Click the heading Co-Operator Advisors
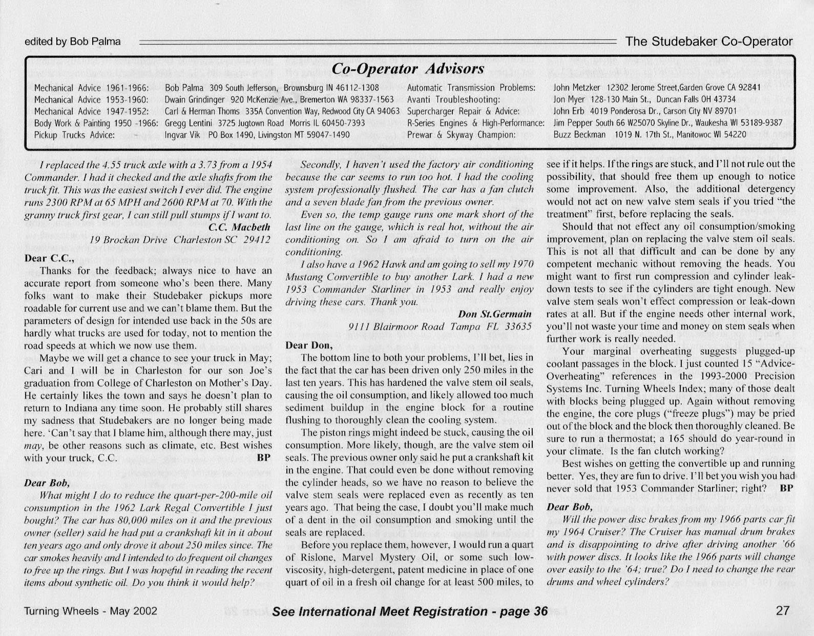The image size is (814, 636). click(x=408, y=69)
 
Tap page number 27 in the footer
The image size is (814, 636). click(x=783, y=611)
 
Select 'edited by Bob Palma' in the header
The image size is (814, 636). click(x=72, y=42)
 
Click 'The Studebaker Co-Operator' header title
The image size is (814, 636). click(x=709, y=42)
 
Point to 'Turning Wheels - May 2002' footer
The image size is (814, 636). click(x=90, y=611)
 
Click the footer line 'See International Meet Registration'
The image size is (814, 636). click(x=410, y=611)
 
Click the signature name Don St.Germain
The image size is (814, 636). click(x=495, y=314)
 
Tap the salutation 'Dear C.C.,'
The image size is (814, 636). click(x=50, y=258)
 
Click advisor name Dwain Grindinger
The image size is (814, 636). click(x=195, y=99)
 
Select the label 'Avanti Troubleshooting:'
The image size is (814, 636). click(x=453, y=99)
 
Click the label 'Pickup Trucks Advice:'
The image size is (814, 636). click(x=74, y=135)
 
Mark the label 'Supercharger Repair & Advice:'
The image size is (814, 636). click(x=463, y=111)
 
